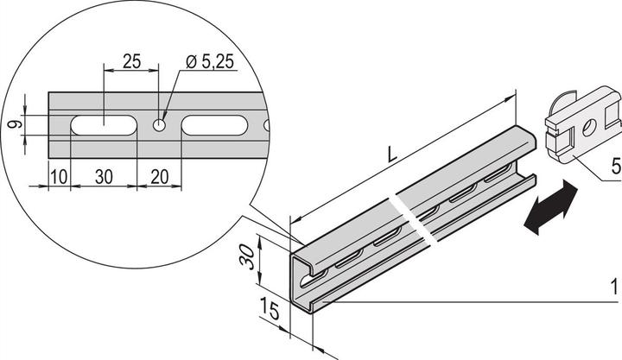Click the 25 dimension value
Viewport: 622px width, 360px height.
(131, 61)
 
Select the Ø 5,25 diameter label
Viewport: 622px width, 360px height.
(210, 62)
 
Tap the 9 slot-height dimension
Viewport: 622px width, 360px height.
(15, 125)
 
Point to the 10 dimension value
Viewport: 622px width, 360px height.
(59, 176)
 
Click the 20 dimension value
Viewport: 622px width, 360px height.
(160, 177)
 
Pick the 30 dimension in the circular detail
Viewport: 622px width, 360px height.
(104, 177)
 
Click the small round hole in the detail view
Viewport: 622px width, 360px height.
(160, 125)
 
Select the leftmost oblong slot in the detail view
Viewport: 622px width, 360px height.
(104, 125)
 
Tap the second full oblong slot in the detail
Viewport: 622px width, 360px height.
(214, 125)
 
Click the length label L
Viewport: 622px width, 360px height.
(392, 155)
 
